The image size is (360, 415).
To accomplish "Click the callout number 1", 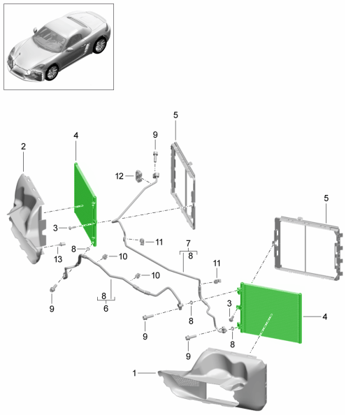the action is [134, 373].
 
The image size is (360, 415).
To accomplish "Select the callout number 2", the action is [23, 146].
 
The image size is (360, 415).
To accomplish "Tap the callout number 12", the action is [120, 176].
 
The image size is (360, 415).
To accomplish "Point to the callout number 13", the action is [58, 259].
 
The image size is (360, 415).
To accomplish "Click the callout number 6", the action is [106, 308].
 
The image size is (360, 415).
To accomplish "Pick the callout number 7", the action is [188, 243].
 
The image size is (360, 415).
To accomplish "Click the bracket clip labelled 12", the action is [139, 177].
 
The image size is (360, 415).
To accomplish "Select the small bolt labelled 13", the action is [62, 244].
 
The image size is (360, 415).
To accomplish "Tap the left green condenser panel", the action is [85, 204].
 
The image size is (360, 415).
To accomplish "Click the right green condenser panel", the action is [271, 313].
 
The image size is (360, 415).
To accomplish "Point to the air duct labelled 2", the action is [27, 219].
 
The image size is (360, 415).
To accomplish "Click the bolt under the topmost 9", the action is [155, 156].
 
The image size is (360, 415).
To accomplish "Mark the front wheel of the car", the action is [52, 72].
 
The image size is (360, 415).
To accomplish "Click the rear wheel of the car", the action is [100, 45].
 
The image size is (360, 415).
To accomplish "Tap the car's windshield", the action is [48, 38].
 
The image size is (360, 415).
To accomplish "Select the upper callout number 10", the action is [123, 256].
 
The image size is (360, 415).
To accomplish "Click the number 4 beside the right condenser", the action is [325, 316].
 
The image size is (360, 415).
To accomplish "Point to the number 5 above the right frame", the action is [326, 198].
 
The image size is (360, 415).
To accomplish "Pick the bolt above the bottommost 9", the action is [191, 337].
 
